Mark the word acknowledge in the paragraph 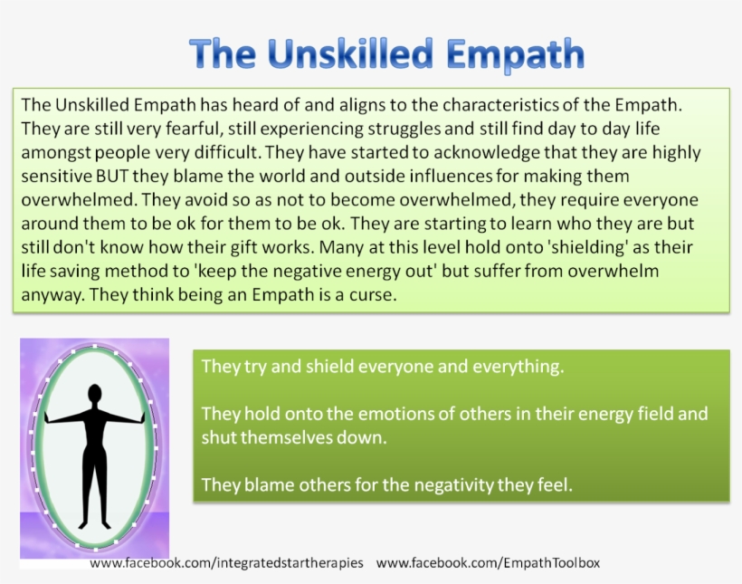click(x=461, y=152)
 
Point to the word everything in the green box click(x=518, y=367)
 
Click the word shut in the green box click(x=220, y=437)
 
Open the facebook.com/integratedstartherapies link click(x=226, y=562)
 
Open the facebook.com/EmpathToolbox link click(x=488, y=562)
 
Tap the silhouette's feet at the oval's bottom click(x=93, y=522)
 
